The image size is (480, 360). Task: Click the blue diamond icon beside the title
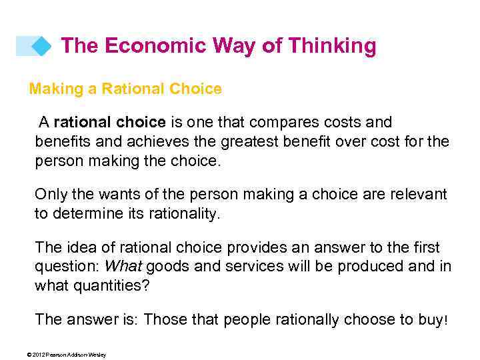tap(41, 46)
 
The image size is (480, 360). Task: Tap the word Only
tap(51, 195)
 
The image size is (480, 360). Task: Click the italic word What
tap(123, 267)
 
